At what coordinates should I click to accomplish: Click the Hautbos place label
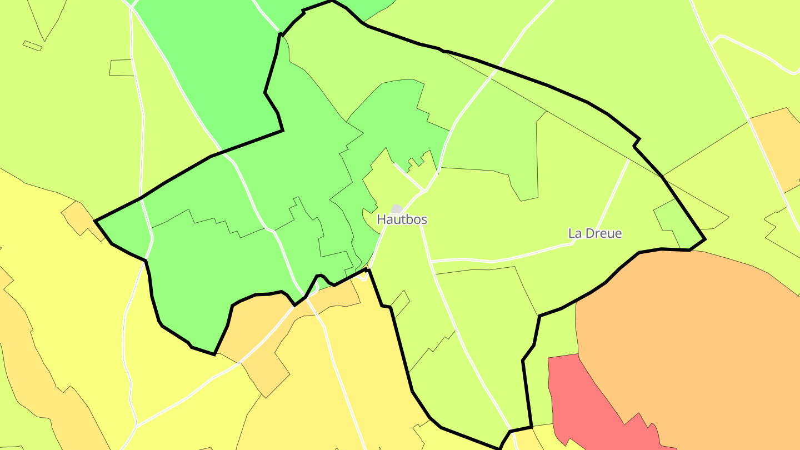click(402, 219)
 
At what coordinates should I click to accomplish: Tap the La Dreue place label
click(594, 233)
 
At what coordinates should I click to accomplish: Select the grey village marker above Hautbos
click(397, 208)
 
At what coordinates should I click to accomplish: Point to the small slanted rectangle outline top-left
click(32, 46)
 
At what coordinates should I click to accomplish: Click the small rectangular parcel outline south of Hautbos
click(400, 303)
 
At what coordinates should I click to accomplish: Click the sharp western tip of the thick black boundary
click(96, 221)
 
